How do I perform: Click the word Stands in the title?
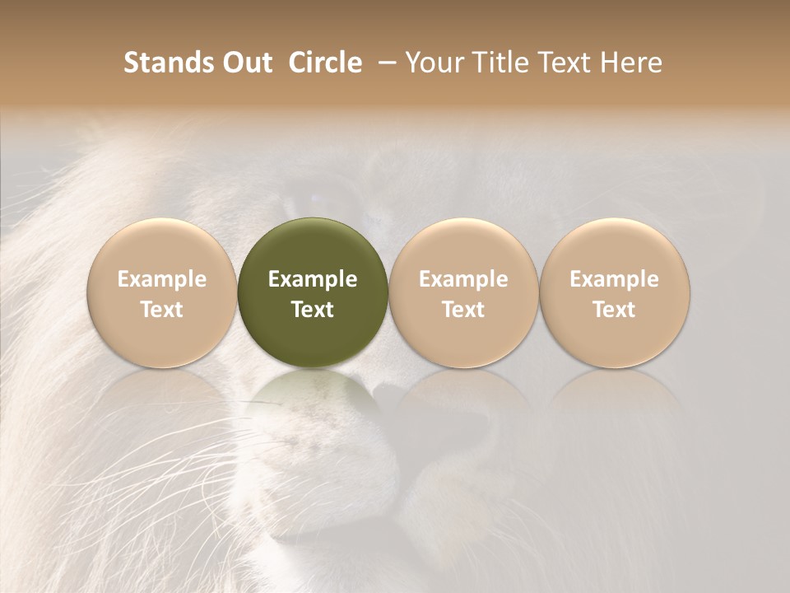(160, 63)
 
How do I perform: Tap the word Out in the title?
(244, 63)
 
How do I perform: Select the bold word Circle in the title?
(323, 63)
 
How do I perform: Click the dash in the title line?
(383, 63)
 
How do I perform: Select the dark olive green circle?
(313, 292)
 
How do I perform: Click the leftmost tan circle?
(162, 292)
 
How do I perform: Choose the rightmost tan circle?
(614, 292)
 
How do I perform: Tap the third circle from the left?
(463, 292)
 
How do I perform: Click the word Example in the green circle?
(313, 279)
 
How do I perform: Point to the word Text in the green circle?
(313, 310)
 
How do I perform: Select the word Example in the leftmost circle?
(162, 279)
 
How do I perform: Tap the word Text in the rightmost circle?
(614, 310)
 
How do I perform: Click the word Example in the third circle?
(463, 279)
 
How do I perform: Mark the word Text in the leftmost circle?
(162, 310)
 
